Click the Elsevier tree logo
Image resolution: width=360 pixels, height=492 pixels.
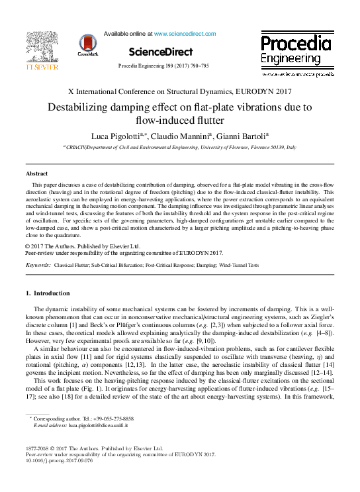pyautogui.click(x=42, y=45)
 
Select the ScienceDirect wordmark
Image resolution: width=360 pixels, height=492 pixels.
pyautogui.click(x=160, y=52)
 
